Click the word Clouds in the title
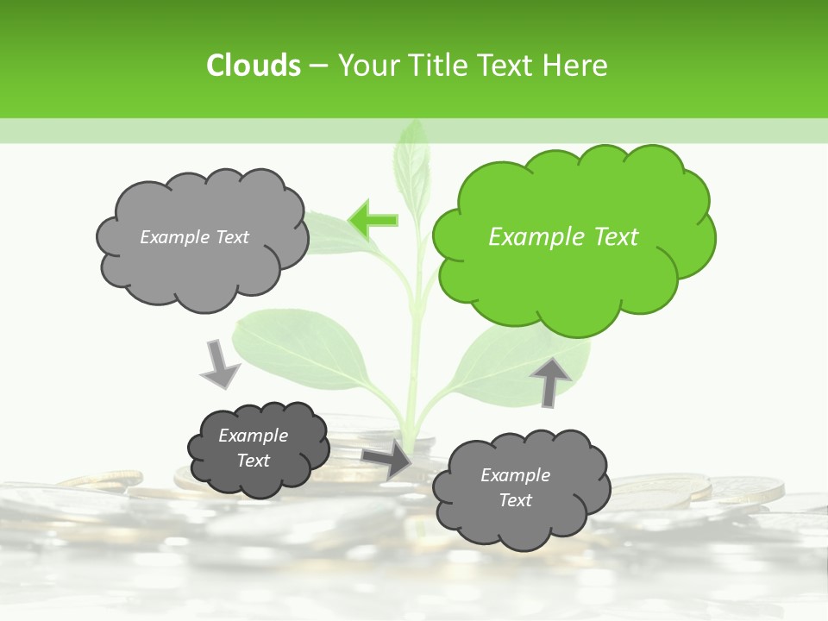pyautogui.click(x=253, y=66)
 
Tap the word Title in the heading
pyautogui.click(x=437, y=66)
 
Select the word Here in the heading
pyautogui.click(x=575, y=66)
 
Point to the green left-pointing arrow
pyautogui.click(x=373, y=220)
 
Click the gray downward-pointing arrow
pyautogui.click(x=219, y=363)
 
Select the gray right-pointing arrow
pyautogui.click(x=387, y=459)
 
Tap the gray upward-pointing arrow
pyautogui.click(x=551, y=380)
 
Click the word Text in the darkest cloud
pyautogui.click(x=254, y=461)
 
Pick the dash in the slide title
pyautogui.click(x=317, y=66)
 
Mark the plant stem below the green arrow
pyautogui.click(x=413, y=345)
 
